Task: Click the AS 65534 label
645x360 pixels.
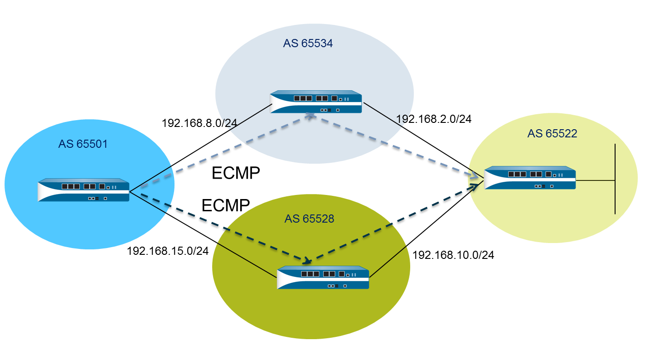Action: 308,44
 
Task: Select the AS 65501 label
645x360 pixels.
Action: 83,144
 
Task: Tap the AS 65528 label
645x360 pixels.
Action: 309,219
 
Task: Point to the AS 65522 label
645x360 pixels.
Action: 552,134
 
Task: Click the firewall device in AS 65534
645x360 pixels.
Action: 316,102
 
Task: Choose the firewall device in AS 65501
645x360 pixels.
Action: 84,190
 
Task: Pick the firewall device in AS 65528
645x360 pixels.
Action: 323,277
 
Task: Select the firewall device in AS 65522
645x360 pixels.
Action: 530,178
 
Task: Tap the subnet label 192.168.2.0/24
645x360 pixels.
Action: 434,119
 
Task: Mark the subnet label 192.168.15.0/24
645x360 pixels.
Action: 168,251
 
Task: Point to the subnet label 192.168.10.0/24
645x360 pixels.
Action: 453,255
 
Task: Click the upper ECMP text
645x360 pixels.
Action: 236,173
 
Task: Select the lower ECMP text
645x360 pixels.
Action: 226,205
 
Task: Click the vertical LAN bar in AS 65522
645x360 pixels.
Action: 615,179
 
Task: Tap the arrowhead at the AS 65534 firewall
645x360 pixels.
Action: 310,116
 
